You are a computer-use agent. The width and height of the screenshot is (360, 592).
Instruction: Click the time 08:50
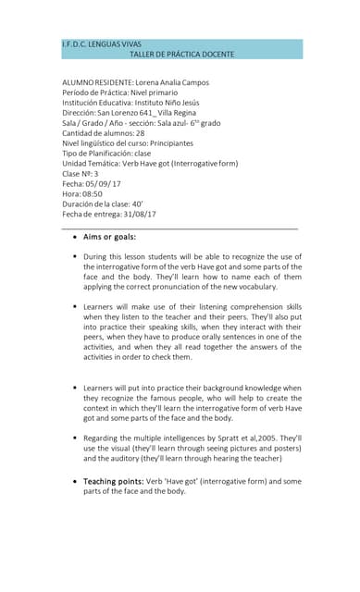(89, 193)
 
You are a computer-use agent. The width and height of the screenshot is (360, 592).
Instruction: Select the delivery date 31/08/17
(139, 214)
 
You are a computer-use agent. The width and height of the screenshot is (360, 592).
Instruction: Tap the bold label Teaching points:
(113, 481)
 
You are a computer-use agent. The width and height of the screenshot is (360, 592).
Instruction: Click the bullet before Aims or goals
(75, 237)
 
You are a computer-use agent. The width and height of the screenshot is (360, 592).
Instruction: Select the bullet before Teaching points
(75, 481)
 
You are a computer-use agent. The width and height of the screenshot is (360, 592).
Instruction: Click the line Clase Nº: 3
(81, 173)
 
